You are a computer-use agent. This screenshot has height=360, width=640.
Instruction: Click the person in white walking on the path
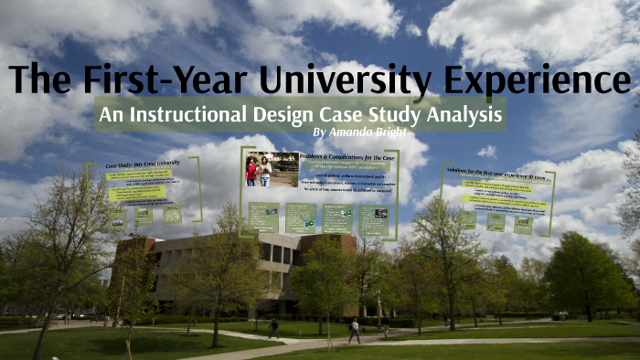tap(354, 331)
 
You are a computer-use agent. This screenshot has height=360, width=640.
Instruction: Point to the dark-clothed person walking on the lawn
tap(273, 327)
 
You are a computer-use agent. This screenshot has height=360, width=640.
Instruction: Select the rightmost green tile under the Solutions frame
tap(523, 224)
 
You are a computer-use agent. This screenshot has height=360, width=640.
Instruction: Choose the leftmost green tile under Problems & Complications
tap(263, 217)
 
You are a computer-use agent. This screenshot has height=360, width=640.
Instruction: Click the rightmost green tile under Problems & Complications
tap(373, 219)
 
